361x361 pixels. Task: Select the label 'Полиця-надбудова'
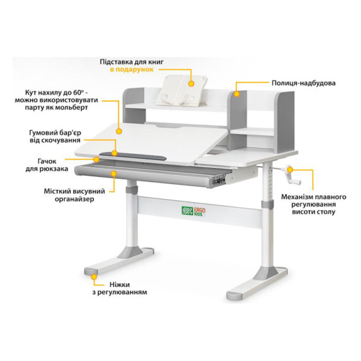304,83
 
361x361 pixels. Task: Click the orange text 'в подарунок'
132,69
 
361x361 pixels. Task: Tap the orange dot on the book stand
191,83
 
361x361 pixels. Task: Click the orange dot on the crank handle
290,169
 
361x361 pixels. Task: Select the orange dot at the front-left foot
94,277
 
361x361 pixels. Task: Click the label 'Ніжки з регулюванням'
119,288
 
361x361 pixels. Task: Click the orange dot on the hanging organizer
114,174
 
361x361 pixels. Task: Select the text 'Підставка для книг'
132,62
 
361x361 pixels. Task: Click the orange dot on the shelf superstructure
236,94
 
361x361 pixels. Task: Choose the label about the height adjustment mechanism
314,204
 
